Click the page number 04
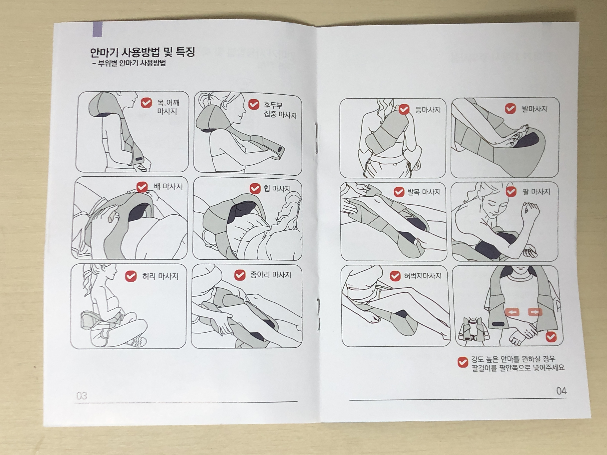[561, 391]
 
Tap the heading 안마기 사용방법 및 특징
[142, 52]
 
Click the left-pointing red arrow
[512, 312]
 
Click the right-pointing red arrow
[535, 312]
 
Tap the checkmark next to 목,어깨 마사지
[146, 103]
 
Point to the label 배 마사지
[168, 186]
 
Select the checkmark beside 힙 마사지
[255, 188]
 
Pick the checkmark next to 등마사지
[404, 109]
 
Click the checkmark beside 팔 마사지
[511, 192]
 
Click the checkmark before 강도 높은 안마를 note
[463, 362]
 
